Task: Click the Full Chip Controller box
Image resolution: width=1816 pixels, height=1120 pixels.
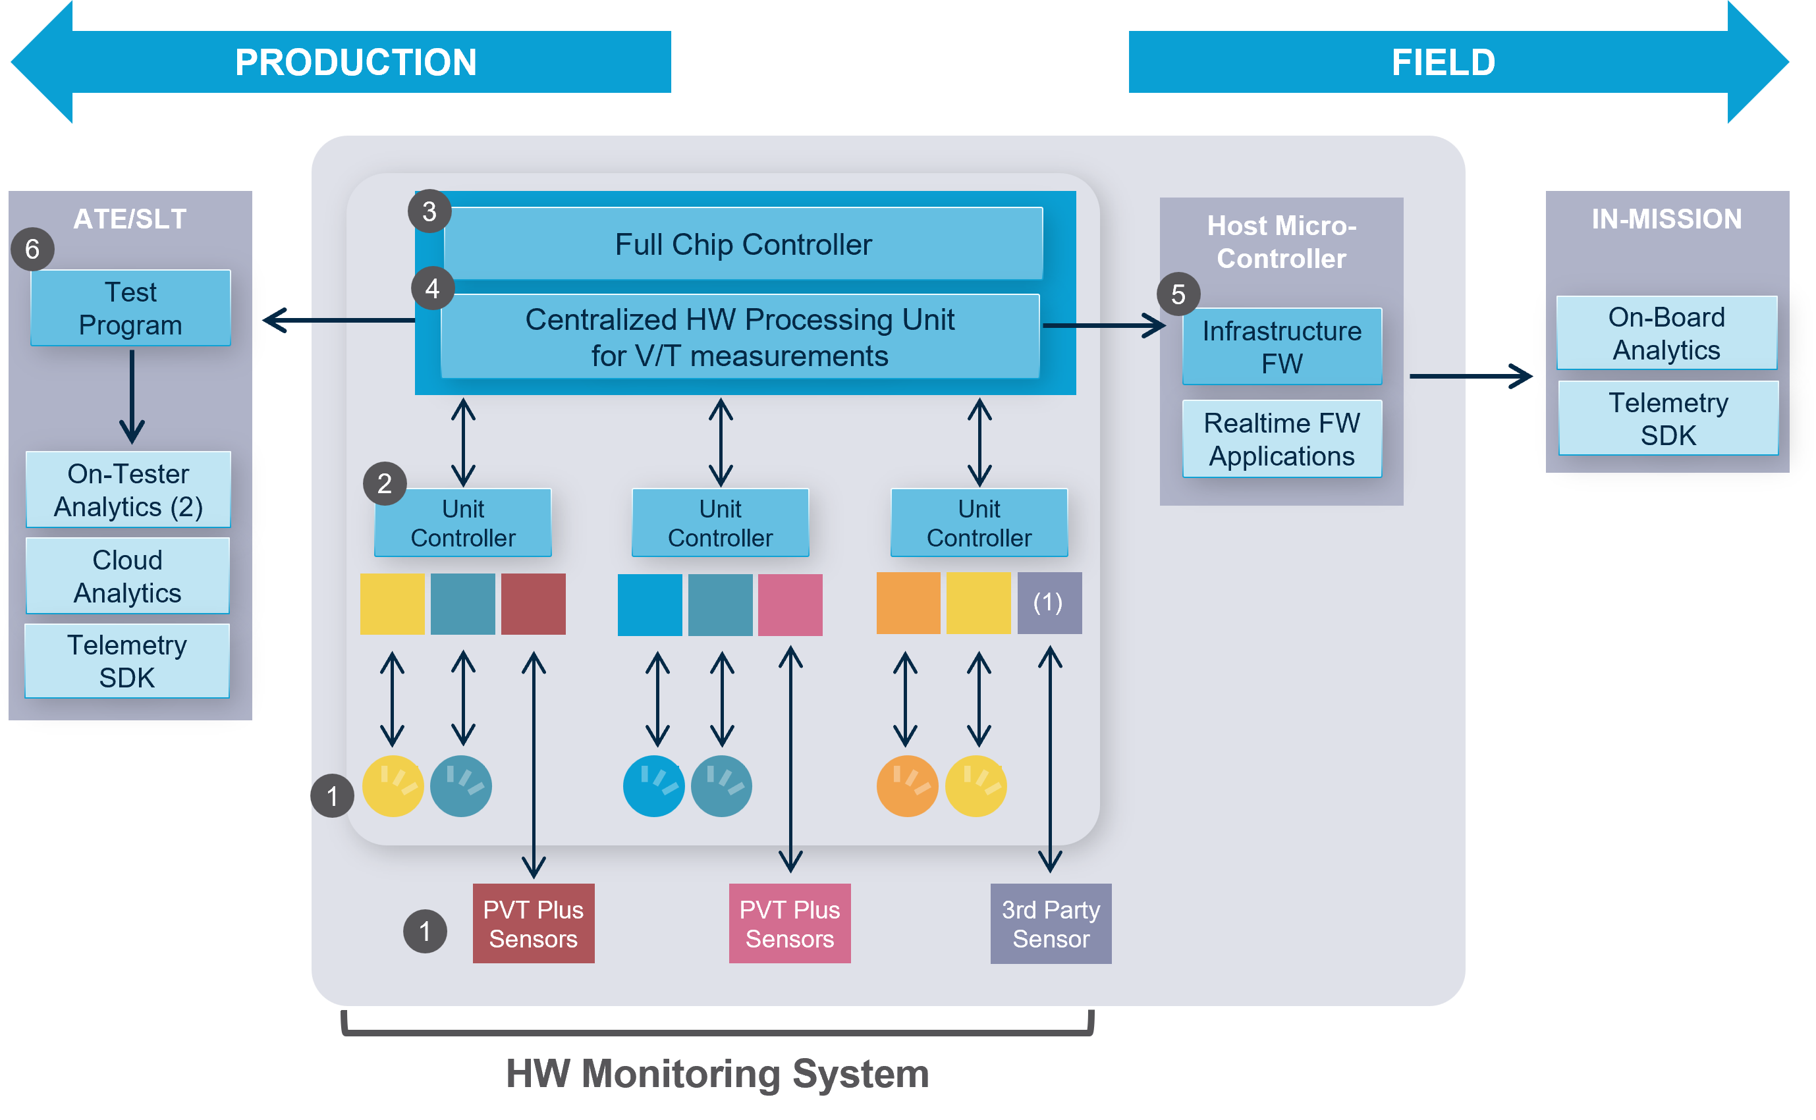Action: pyautogui.click(x=743, y=244)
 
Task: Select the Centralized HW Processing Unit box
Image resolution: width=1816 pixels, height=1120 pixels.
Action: pyautogui.click(x=740, y=337)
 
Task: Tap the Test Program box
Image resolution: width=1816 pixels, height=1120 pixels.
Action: pyautogui.click(x=130, y=308)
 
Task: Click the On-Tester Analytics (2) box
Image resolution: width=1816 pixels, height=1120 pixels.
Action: pyautogui.click(x=128, y=490)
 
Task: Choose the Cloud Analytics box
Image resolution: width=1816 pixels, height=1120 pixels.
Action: pyautogui.click(x=127, y=575)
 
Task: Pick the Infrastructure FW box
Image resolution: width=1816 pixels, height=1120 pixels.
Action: pyautogui.click(x=1282, y=346)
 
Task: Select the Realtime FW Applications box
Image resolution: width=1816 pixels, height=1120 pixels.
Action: pyautogui.click(x=1282, y=439)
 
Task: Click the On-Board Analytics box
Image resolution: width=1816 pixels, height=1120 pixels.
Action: pyautogui.click(x=1666, y=333)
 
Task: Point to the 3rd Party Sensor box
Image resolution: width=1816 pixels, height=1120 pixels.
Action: pyautogui.click(x=1051, y=924)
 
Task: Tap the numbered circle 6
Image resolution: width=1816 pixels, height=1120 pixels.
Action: pyautogui.click(x=32, y=249)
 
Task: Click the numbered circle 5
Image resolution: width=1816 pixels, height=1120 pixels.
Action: pyautogui.click(x=1178, y=294)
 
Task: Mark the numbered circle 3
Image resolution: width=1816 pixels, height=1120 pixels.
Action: pyautogui.click(x=429, y=211)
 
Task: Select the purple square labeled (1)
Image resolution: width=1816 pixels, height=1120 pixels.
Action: pyautogui.click(x=1049, y=603)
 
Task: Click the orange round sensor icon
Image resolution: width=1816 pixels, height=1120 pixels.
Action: pyautogui.click(x=907, y=786)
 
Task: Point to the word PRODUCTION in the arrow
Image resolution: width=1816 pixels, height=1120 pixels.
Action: pyautogui.click(x=356, y=62)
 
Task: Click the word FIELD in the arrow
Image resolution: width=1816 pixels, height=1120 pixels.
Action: pyautogui.click(x=1443, y=62)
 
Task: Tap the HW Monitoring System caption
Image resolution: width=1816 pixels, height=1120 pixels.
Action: pyautogui.click(x=717, y=1073)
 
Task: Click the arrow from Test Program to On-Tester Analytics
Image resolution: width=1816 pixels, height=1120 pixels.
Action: pyautogui.click(x=132, y=397)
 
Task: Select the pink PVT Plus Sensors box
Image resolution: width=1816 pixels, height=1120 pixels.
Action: pyautogui.click(x=790, y=924)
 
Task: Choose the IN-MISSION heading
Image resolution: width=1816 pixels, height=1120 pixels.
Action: pyautogui.click(x=1666, y=219)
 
